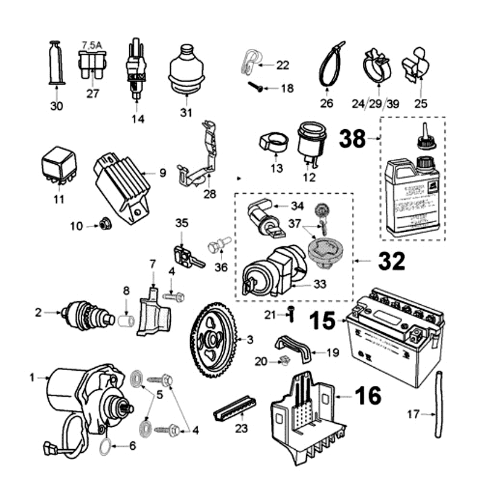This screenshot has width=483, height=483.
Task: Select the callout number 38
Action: point(353,138)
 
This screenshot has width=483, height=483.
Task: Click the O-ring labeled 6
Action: point(104,447)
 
